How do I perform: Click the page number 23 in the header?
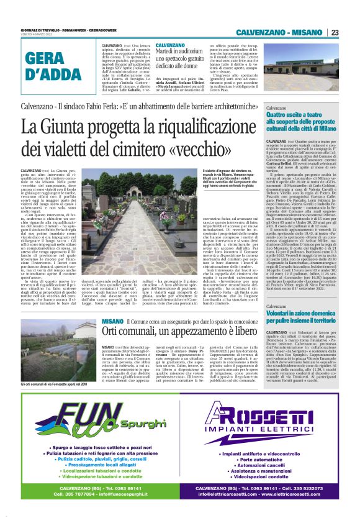(335, 32)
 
